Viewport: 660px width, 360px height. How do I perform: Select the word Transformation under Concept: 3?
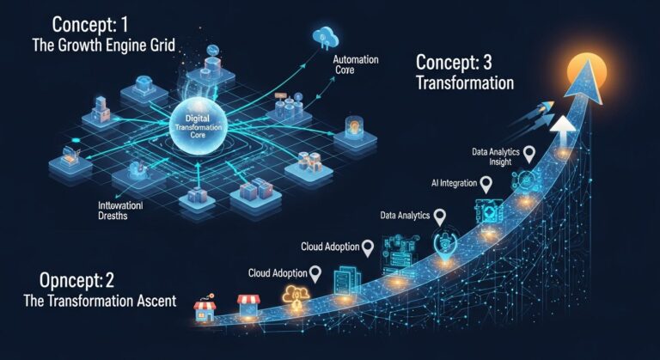pos(465,84)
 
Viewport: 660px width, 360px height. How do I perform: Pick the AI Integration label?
pos(451,184)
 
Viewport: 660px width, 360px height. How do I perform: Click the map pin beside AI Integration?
pos(486,183)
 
